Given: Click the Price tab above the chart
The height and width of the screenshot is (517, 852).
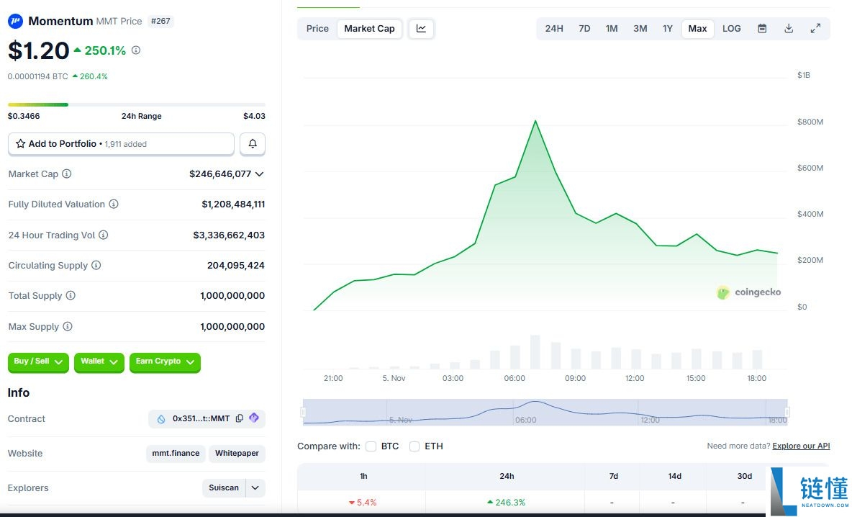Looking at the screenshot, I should click(x=317, y=29).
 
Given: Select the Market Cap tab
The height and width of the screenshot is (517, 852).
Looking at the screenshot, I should click(x=369, y=29).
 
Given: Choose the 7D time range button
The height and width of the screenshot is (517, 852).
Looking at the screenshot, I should click(x=584, y=29).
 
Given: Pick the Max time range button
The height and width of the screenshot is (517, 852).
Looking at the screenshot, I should click(x=697, y=29).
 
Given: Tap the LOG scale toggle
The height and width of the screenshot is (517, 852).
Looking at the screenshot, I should click(x=731, y=29).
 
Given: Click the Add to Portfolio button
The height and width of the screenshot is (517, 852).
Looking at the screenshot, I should click(x=121, y=144).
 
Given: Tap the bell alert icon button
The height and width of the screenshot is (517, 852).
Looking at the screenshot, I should click(x=253, y=144).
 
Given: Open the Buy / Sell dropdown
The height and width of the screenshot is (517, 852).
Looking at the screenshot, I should click(x=38, y=361).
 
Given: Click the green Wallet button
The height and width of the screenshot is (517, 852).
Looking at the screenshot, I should click(x=99, y=361).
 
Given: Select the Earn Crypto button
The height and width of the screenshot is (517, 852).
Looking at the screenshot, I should click(x=165, y=361).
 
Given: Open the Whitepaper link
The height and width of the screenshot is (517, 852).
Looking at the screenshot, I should click(x=237, y=454).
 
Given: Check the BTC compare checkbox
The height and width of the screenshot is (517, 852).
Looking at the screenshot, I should click(x=371, y=446).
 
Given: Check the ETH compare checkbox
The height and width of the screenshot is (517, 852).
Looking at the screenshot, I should click(x=414, y=446).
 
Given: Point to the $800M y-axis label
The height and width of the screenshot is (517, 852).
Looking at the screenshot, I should click(x=810, y=122).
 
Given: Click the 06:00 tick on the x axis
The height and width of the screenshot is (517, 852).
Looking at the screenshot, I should click(x=515, y=378).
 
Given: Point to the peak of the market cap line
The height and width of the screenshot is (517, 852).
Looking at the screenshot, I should click(x=535, y=121).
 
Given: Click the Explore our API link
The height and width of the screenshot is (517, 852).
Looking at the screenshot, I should click(x=801, y=446).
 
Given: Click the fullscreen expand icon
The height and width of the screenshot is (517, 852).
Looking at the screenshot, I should click(x=815, y=29).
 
